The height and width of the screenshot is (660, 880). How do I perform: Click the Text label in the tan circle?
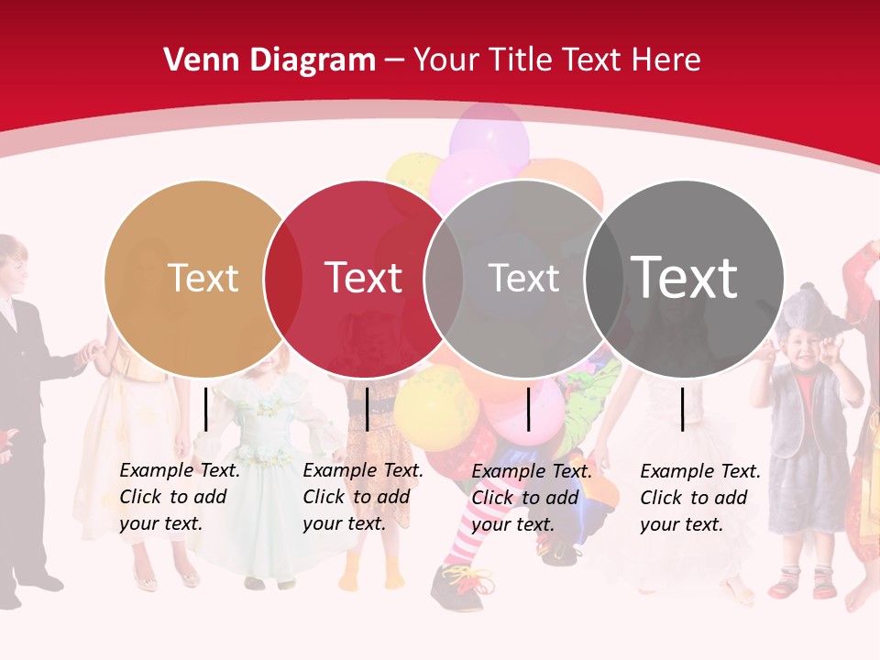point(203,278)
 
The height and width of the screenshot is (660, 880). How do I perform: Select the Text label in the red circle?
point(363,278)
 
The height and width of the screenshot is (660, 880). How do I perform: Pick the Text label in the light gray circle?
point(523,278)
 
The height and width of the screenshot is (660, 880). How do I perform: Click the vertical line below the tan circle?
point(205,409)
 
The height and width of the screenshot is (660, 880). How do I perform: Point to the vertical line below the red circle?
point(367,409)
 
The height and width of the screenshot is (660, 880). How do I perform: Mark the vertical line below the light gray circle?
point(528,409)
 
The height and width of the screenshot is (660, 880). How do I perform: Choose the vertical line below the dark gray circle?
point(683,409)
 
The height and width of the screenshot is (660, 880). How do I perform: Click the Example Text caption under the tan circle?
point(179,497)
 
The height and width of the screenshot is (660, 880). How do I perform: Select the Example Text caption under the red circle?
point(362,497)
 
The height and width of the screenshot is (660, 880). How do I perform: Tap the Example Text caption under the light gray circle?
point(531,498)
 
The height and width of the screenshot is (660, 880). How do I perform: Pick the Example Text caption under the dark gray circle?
point(699,498)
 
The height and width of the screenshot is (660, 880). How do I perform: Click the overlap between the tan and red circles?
point(283,278)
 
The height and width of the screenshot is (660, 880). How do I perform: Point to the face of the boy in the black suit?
point(11,266)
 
